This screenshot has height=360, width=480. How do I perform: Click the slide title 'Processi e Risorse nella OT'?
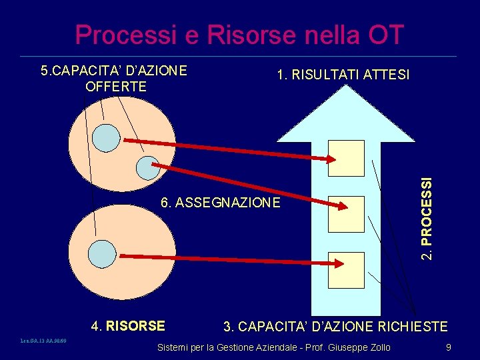coord(239,35)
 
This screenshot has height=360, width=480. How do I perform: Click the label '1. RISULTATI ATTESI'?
coord(343,76)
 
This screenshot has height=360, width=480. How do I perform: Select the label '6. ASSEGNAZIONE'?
coord(221,202)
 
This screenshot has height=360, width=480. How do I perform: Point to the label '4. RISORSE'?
coord(128,326)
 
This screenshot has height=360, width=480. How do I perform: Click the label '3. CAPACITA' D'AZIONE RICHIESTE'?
coord(335,327)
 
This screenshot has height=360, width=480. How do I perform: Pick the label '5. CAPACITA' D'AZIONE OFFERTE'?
coord(113,78)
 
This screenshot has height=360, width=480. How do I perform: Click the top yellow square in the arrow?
coord(347,158)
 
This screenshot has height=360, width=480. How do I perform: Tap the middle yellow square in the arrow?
coord(347,214)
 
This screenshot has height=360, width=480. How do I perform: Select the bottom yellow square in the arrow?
coord(347,268)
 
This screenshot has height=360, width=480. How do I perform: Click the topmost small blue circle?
coord(105,137)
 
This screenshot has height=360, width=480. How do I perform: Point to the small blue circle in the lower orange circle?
coord(103,254)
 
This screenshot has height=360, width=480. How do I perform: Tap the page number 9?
coord(449,347)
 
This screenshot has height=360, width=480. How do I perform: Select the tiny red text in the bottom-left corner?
coord(44,341)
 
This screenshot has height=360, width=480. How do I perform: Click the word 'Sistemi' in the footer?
coord(173,347)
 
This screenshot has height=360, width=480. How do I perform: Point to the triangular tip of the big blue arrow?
coord(346,93)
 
